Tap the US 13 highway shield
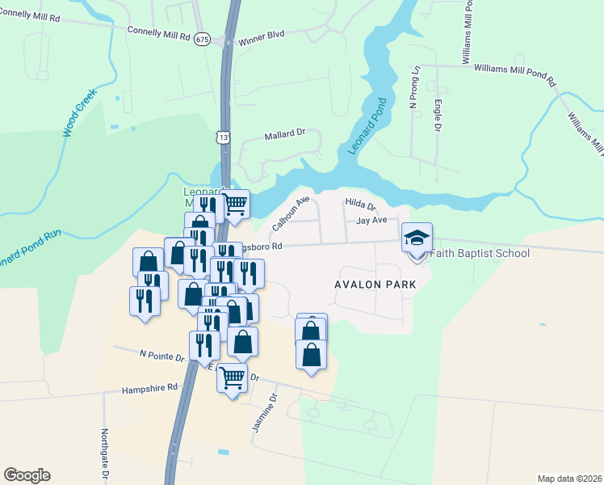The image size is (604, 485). tap(223, 137)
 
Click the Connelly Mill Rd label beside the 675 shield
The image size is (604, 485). tap(158, 33)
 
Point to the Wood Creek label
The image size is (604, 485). tap(80, 112)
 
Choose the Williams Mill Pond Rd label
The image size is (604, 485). tap(515, 75)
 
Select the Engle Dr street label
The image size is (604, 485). tap(437, 116)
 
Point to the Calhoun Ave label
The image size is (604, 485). tap(291, 212)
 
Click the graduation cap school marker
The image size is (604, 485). tap(417, 238)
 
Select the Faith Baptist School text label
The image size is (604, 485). tap(480, 254)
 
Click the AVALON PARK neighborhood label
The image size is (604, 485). tap(375, 285)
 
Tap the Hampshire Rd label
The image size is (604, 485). tap(149, 388)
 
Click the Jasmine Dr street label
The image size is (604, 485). tap(264, 412)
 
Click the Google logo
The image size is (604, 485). tap(27, 474)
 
